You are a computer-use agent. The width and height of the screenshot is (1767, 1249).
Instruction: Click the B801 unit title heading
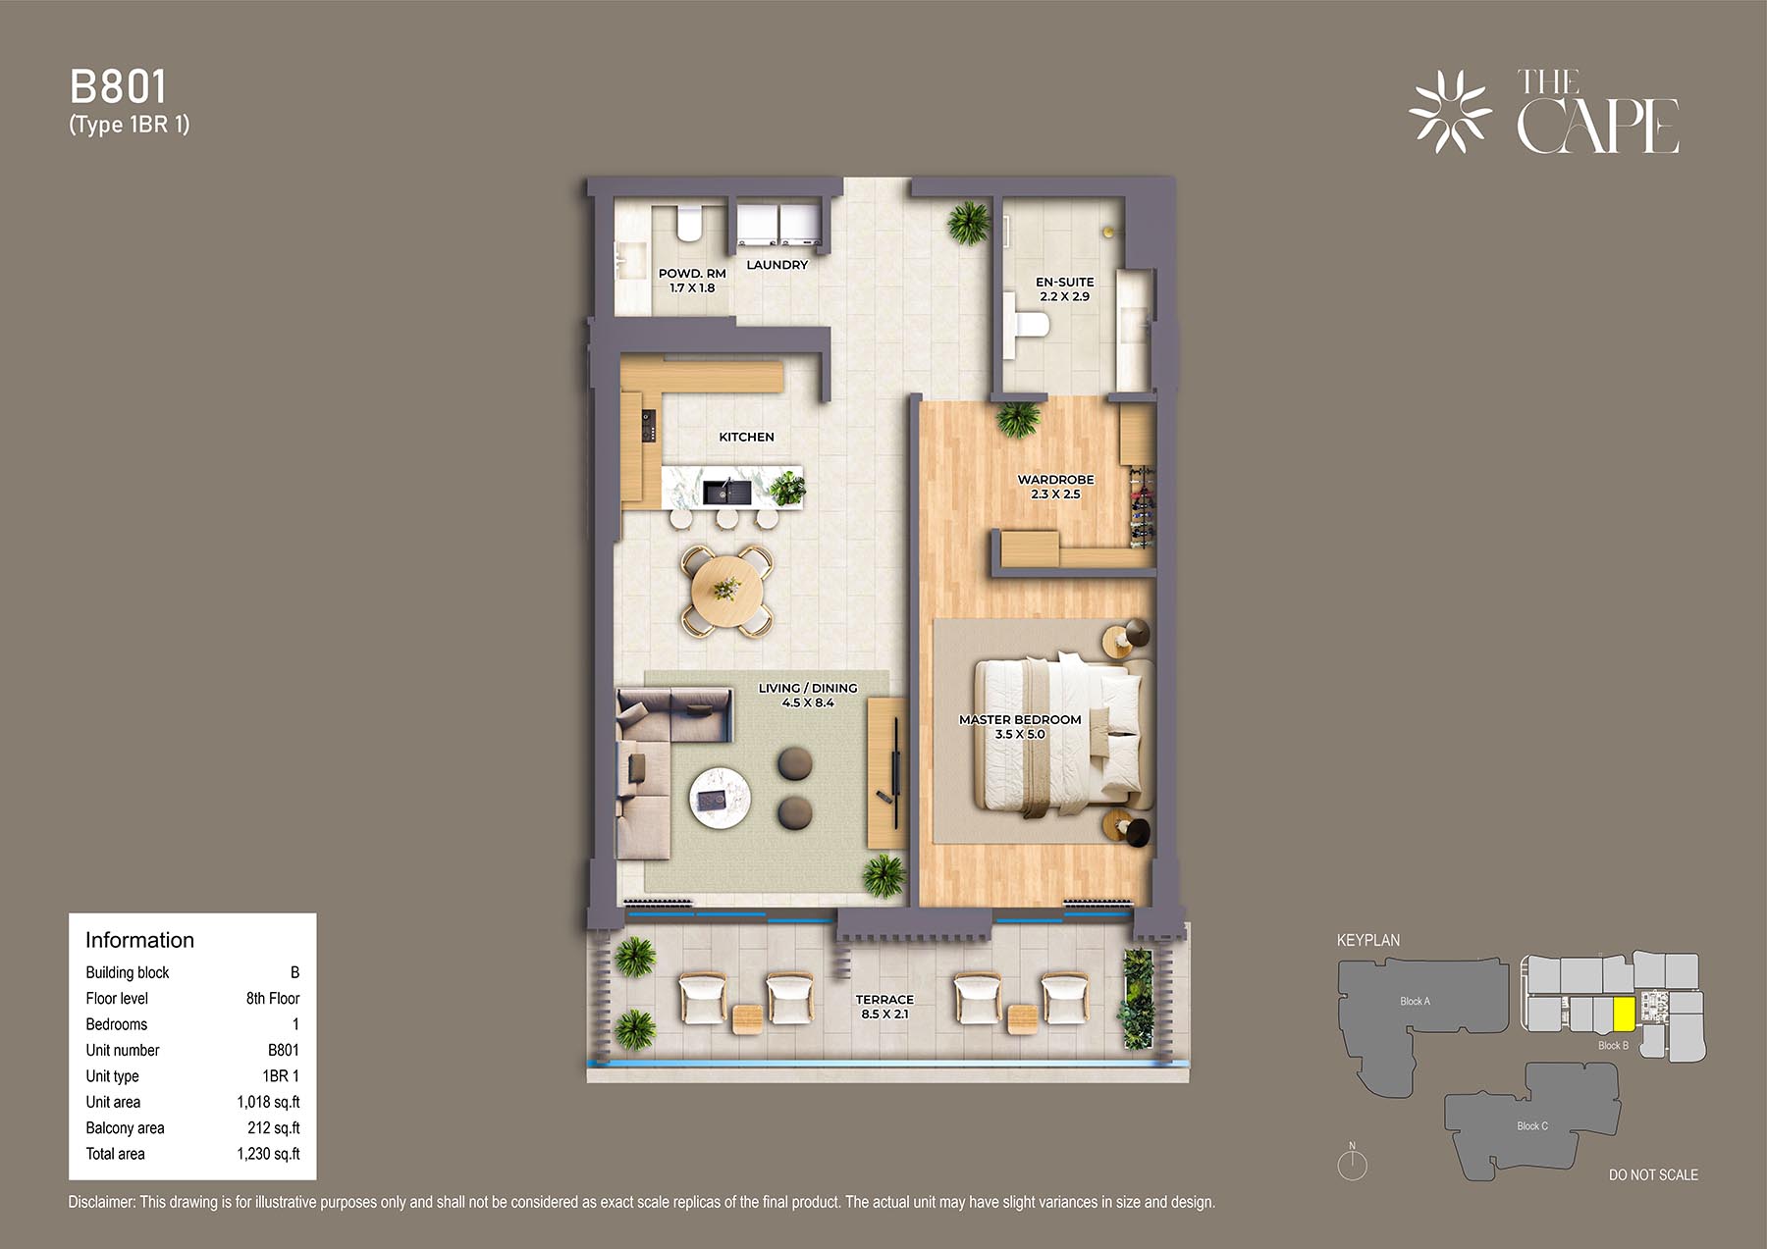(x=118, y=87)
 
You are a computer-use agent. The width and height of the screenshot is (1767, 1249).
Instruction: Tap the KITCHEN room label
(x=746, y=437)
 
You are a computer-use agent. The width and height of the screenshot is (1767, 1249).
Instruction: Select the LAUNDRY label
(x=777, y=265)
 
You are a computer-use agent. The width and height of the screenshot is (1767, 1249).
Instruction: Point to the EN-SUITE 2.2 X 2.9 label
(x=1064, y=288)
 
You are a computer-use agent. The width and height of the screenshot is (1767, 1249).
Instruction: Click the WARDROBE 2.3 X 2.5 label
(x=1055, y=487)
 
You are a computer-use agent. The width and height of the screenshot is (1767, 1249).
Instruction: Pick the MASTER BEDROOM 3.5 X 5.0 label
(x=1020, y=726)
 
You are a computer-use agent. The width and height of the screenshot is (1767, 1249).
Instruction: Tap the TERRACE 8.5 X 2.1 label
(x=884, y=1007)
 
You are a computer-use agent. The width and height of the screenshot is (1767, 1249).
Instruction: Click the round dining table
(x=726, y=590)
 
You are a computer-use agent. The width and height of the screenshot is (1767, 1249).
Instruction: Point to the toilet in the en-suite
(x=1025, y=323)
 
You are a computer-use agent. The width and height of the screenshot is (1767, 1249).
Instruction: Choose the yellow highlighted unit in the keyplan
(x=1624, y=1014)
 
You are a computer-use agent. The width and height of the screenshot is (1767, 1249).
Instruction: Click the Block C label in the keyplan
(x=1532, y=1126)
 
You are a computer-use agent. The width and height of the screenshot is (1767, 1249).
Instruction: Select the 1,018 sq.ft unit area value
(x=268, y=1102)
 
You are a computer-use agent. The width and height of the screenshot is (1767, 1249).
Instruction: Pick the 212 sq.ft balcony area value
(x=274, y=1128)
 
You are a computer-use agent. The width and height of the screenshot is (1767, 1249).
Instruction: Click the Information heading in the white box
(x=139, y=940)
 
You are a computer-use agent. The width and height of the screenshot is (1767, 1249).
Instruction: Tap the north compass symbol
(x=1353, y=1163)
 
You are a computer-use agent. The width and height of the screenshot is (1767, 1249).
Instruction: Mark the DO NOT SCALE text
(x=1653, y=1174)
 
